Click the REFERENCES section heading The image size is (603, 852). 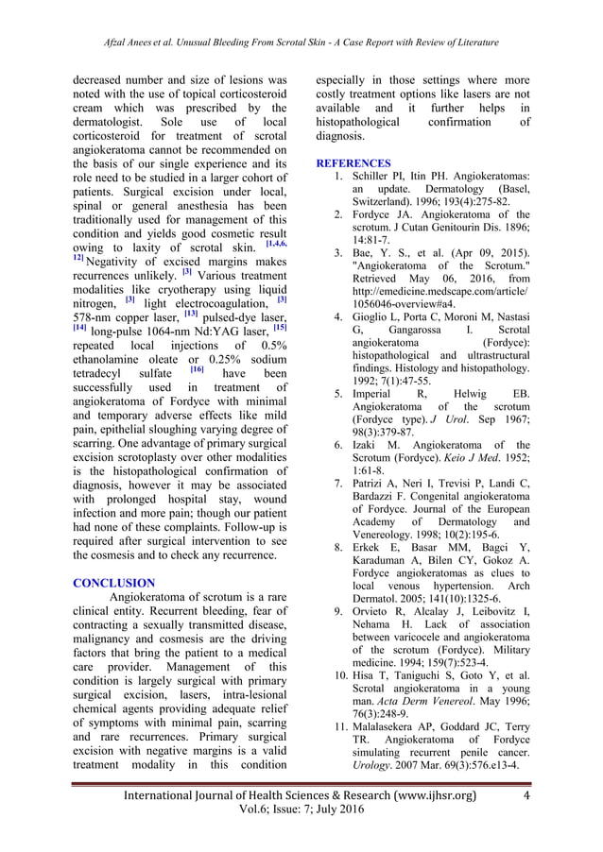354,163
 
